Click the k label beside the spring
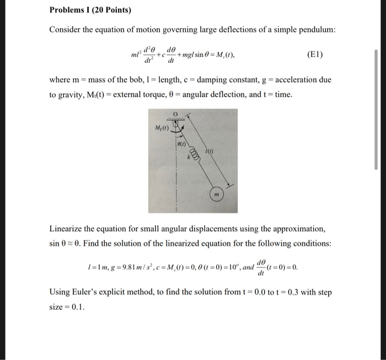click(187, 158)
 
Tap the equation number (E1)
click(317, 55)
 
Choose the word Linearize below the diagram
click(67, 228)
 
